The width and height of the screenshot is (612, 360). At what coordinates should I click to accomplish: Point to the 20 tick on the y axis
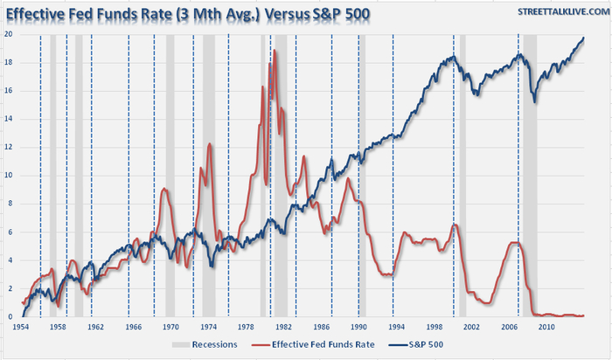point(9,34)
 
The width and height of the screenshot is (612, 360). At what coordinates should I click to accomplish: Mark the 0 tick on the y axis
point(10,316)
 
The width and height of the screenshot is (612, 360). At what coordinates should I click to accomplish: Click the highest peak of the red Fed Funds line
point(275,51)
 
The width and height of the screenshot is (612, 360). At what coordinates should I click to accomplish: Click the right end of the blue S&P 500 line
point(584,38)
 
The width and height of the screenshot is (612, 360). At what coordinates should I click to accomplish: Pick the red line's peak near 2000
point(454,225)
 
